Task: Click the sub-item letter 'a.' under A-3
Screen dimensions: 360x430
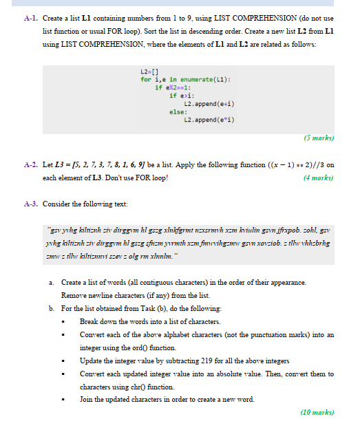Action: (52, 283)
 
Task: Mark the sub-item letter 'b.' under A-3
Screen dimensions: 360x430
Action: (52, 308)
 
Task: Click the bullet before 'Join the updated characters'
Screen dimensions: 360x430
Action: (64, 400)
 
